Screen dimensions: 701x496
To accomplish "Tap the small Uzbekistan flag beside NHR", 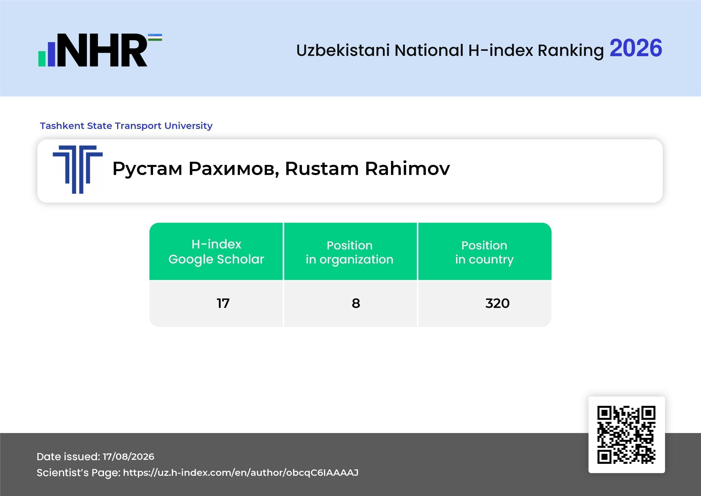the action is (x=155, y=37).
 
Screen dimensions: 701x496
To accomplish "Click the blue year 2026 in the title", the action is (x=636, y=48).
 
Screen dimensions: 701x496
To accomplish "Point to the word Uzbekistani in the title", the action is (x=343, y=50).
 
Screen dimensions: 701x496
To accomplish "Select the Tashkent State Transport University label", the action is (x=126, y=126).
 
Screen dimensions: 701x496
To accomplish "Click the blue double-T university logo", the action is (x=78, y=170).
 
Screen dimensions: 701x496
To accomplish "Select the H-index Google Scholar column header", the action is (x=216, y=252).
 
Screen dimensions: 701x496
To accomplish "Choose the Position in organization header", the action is (x=350, y=252).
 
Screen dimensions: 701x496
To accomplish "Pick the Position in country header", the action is (x=484, y=252).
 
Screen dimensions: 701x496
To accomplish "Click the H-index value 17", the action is (x=223, y=303).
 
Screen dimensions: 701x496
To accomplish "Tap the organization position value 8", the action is (x=356, y=303).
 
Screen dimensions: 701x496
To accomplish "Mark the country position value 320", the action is (x=497, y=303).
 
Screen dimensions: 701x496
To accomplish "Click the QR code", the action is (x=626, y=435).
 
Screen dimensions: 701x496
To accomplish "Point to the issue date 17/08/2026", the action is (x=128, y=457).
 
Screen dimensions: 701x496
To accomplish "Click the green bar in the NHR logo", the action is (x=42, y=59).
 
